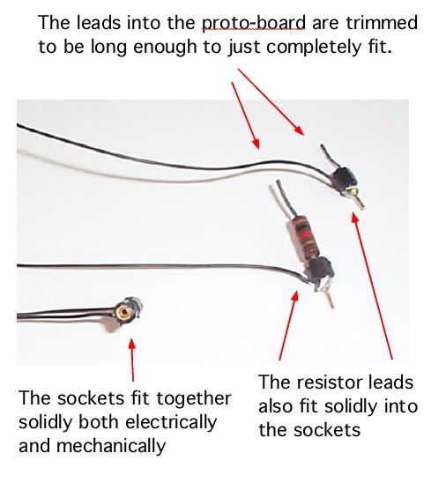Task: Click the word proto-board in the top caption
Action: pos(254,23)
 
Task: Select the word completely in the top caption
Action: pos(314,48)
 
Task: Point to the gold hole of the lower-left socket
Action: pos(124,312)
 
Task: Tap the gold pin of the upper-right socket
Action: pos(359,201)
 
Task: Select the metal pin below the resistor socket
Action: pos(329,299)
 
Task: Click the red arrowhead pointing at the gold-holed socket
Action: pos(132,344)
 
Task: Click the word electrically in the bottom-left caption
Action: pos(171,422)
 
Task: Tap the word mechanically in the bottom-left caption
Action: pos(111,446)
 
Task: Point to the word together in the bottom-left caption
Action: pos(194,399)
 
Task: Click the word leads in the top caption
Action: pos(99,23)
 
